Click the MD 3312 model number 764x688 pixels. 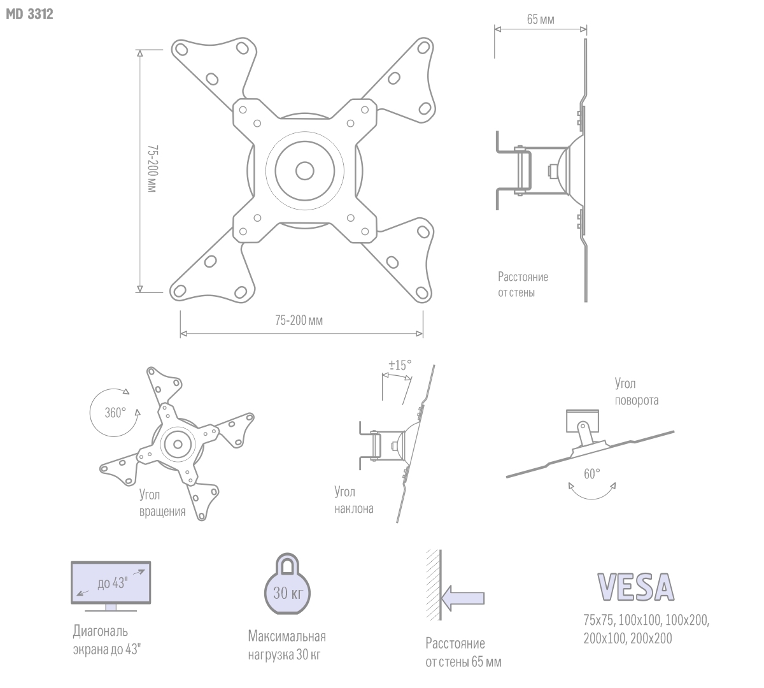pos(30,14)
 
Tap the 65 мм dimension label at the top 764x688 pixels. pos(541,20)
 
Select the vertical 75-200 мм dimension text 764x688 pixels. pos(152,168)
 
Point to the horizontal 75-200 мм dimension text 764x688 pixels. pos(299,320)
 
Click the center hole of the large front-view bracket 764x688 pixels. pos(305,171)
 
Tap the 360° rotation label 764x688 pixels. pos(115,412)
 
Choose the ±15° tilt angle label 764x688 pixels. pos(400,365)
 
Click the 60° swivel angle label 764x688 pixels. pos(592,474)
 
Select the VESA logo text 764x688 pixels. pos(635,587)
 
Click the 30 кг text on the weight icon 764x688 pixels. pos(288,592)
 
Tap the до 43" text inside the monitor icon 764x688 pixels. pos(112,583)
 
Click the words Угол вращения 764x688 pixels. pos(162,503)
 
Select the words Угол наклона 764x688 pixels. pos(354,500)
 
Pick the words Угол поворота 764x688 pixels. pos(637,392)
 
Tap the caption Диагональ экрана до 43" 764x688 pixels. pos(106,640)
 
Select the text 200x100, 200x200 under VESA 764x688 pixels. pos(628,638)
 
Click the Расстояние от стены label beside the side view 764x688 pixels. pos(523,284)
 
